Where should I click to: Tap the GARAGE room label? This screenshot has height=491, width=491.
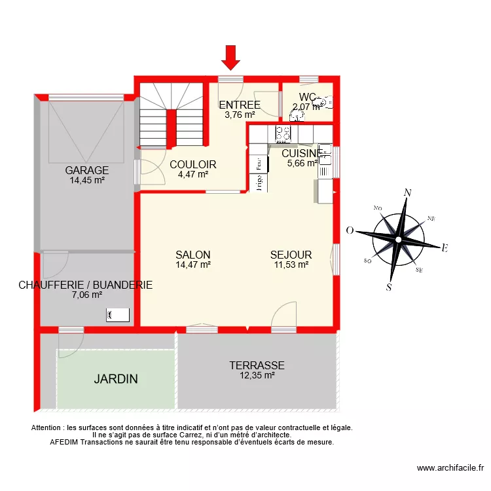coord(86,171)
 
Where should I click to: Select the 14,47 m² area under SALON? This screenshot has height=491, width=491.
coord(192,265)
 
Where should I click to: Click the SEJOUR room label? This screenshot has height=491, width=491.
coord(291,255)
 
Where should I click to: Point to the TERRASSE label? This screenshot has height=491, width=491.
coord(257,366)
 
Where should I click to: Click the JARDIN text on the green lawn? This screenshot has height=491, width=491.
coord(115,379)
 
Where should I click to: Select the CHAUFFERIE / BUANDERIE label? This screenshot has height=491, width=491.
coord(86,285)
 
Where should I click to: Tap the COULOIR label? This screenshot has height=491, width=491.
coord(192,165)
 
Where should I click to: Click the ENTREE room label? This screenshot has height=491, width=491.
coord(239,105)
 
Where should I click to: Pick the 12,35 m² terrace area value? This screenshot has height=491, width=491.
coord(257,376)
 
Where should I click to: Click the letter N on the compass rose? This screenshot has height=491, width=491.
coord(407,192)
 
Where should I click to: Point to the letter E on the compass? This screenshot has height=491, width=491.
coord(445,248)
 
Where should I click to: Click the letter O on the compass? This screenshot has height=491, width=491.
coord(350,230)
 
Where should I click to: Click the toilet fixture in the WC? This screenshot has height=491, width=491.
coord(325,102)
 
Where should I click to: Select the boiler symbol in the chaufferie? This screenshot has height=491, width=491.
coord(117,316)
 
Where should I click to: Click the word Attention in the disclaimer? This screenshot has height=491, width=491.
coord(48,428)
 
